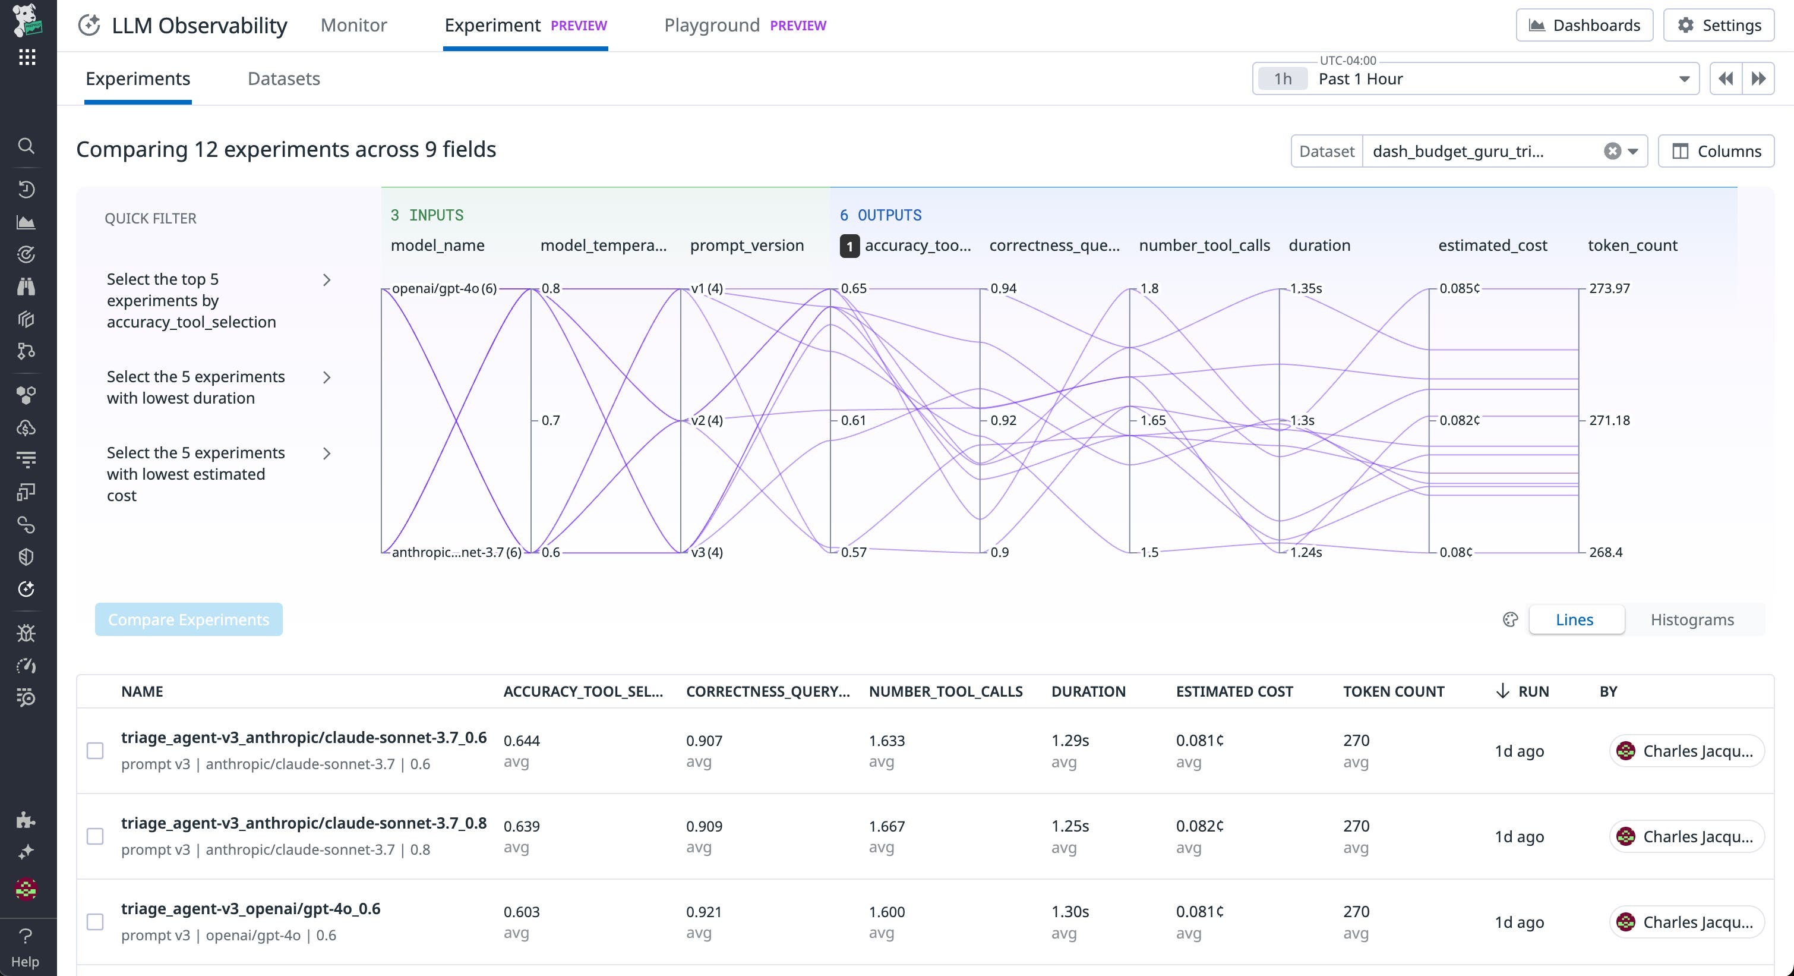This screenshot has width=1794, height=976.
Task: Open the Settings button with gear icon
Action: click(1718, 26)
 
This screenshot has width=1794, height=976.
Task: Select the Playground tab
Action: click(712, 26)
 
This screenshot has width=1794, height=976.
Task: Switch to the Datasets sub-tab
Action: click(283, 78)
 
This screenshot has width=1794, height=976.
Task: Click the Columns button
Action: click(1716, 151)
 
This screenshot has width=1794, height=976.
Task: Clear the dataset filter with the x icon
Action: click(1612, 151)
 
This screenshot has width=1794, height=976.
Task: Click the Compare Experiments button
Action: click(189, 619)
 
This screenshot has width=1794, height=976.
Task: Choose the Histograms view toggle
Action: click(1692, 619)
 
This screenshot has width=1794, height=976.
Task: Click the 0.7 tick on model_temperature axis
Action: click(550, 420)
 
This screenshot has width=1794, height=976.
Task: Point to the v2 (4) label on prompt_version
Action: click(706, 420)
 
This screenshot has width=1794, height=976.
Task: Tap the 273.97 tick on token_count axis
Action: click(1609, 288)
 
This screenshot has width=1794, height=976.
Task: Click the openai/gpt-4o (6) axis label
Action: click(444, 288)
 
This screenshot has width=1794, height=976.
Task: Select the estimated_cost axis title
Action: click(1492, 245)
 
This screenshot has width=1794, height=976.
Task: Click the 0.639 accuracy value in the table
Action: click(522, 826)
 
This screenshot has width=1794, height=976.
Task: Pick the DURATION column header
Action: click(1088, 691)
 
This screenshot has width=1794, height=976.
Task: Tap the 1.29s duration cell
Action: click(1070, 741)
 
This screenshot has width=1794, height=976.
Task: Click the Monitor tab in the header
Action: click(353, 26)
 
